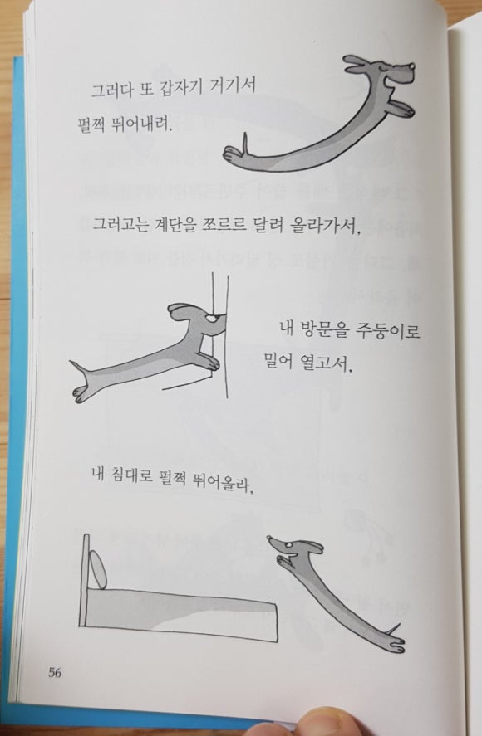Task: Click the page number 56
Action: pos(55,673)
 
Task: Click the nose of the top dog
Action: pos(413,66)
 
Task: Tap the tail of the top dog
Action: pos(244,142)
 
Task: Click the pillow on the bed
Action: pos(97,569)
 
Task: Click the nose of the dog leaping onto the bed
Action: pos(269,538)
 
